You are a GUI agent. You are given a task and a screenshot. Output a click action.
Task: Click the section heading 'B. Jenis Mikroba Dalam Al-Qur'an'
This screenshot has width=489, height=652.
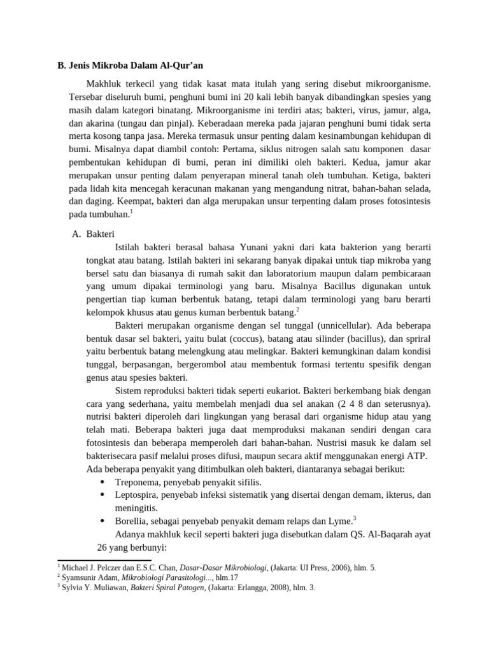point(130,66)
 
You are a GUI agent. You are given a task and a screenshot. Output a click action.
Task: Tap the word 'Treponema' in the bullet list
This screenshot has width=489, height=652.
point(137,482)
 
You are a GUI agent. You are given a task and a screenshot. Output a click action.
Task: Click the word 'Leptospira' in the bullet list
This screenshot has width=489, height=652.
point(137,495)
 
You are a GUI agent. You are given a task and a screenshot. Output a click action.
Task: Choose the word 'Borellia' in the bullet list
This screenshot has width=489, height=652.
point(132,520)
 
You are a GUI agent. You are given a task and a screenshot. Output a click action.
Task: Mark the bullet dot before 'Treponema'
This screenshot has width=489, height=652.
point(102,482)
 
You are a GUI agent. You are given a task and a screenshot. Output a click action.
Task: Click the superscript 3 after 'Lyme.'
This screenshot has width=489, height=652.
point(354,517)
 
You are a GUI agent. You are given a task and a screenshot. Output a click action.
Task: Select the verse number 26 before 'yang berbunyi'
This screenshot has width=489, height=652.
point(92,547)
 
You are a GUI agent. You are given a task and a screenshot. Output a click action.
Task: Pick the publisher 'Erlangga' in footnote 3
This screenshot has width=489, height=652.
point(249,588)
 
